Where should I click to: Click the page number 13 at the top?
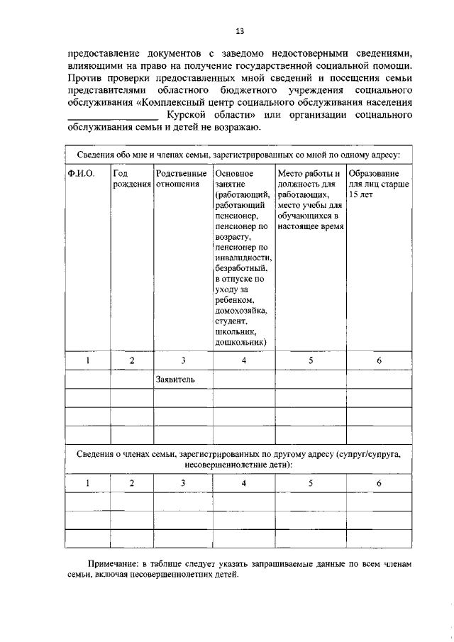pyautogui.click(x=240, y=31)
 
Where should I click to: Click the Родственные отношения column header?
pyautogui.click(x=182, y=179)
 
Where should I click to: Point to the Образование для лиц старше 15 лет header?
pyautogui.click(x=378, y=184)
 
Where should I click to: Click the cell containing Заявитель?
pyautogui.click(x=175, y=380)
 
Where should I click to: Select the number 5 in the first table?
pyautogui.click(x=311, y=360)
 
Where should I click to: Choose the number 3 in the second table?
pyautogui.click(x=182, y=482)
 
